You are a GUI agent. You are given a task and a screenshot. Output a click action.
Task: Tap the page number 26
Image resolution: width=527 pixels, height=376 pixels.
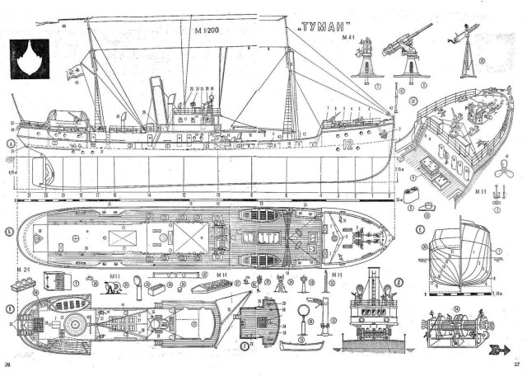point(8,364)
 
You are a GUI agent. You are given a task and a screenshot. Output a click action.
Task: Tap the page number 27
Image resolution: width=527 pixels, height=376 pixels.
point(516,364)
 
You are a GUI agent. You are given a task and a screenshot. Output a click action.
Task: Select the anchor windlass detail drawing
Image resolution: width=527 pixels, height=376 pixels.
point(451,330)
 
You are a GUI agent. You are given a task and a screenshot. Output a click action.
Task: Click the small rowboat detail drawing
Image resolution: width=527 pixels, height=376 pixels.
point(297,347)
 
